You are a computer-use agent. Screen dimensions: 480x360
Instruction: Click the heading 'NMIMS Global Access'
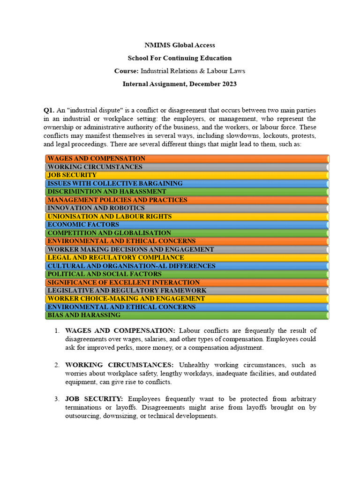(180, 45)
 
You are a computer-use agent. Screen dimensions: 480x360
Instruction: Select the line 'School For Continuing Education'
(180, 58)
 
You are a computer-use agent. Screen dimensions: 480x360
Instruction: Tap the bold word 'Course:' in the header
(126, 71)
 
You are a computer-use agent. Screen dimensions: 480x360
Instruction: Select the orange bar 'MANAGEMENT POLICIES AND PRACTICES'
(187, 200)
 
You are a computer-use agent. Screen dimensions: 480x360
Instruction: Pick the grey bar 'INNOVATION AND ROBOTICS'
(187, 208)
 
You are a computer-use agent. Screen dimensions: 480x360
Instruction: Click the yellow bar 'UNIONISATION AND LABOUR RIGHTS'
(187, 217)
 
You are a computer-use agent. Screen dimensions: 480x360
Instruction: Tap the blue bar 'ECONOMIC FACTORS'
(187, 225)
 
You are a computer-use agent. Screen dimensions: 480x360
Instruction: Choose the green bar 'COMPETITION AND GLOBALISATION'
(187, 233)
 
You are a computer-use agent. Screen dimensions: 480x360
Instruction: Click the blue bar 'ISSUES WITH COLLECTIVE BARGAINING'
(187, 184)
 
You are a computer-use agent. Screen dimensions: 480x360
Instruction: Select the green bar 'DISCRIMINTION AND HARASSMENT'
(187, 192)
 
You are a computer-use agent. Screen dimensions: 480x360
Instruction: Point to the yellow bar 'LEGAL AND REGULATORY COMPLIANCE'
(187, 258)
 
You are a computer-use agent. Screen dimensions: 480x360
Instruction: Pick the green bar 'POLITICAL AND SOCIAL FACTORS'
(187, 274)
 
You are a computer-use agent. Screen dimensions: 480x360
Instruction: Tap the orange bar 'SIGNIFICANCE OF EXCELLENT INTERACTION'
(187, 283)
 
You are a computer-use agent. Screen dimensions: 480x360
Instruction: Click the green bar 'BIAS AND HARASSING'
(187, 315)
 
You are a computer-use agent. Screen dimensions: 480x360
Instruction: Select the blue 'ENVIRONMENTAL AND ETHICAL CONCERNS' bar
(187, 307)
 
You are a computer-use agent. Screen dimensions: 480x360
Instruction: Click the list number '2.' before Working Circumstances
(57, 365)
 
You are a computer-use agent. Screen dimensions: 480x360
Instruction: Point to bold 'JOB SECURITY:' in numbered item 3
(94, 399)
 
